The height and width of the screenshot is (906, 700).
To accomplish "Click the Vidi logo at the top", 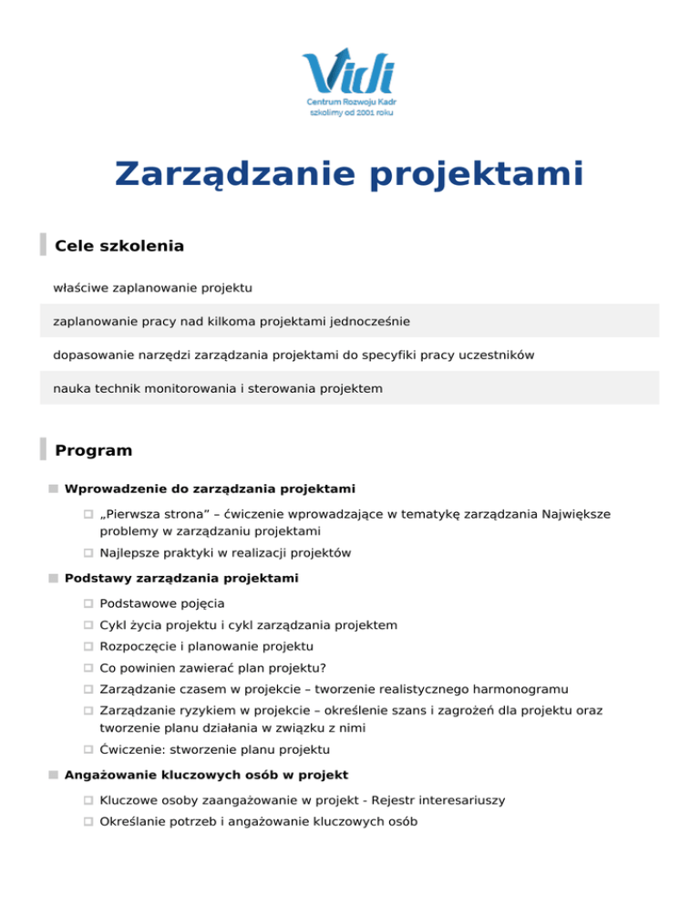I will [x=349, y=82].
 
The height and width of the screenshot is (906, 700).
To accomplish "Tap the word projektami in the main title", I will [x=477, y=174].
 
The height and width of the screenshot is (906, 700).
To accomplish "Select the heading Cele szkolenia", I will [x=119, y=246].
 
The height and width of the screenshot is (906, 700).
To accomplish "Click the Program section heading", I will [x=93, y=450].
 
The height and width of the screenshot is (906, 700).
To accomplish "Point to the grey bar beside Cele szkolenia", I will [x=43, y=244].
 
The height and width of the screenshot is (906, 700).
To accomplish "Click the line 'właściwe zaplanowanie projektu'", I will [x=152, y=288].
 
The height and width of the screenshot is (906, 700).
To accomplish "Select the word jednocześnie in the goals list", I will [x=369, y=321].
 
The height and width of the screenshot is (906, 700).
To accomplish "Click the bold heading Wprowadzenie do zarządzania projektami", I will [x=210, y=489].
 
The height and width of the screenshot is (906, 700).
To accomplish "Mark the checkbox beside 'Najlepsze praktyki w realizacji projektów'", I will [x=88, y=553].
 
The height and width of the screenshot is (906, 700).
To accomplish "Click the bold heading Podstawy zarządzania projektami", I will [x=181, y=578].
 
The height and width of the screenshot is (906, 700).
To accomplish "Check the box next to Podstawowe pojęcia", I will [x=88, y=604].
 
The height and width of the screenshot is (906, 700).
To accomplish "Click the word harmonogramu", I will [x=547, y=690].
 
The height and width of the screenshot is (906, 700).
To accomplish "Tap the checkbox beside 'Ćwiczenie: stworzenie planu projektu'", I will [x=88, y=750].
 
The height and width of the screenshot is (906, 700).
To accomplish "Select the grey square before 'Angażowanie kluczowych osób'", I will [x=55, y=776].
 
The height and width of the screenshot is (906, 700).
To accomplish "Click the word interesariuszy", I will [x=456, y=799].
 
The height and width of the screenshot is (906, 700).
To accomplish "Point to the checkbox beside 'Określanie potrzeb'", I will [x=88, y=822].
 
